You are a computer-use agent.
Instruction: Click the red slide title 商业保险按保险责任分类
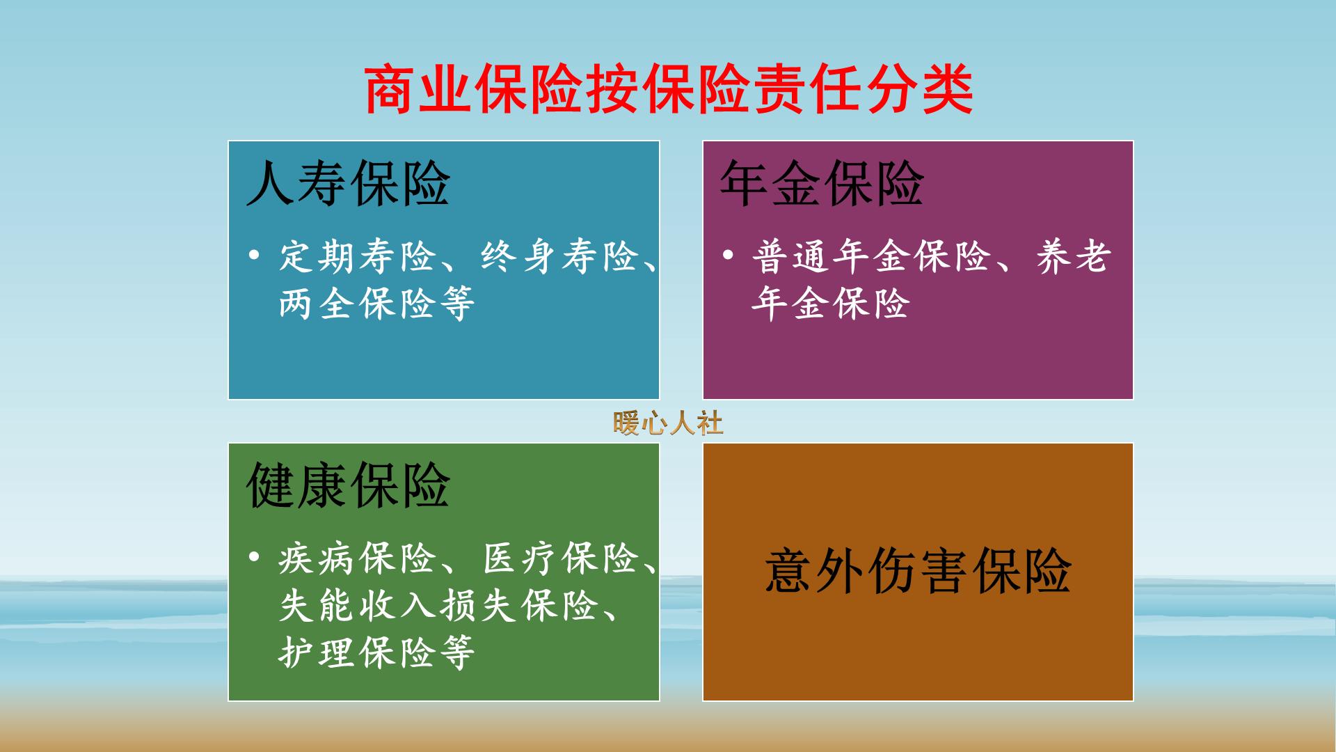(668, 91)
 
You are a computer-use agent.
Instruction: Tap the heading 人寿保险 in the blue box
(348, 184)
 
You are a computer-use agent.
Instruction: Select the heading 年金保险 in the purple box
(822, 184)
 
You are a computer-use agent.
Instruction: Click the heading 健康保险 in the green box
(348, 486)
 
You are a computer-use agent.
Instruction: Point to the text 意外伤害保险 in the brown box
(918, 571)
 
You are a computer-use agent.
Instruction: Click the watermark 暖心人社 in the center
(668, 423)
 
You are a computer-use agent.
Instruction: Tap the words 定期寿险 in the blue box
(358, 257)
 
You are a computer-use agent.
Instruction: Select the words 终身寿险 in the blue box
(560, 257)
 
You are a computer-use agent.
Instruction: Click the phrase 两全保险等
(376, 304)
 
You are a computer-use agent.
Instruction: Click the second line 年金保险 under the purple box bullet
(831, 304)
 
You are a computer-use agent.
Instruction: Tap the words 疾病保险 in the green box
(358, 558)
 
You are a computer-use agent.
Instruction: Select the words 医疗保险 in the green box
(561, 558)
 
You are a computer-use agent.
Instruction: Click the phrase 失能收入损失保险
(438, 606)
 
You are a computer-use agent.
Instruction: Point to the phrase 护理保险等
(376, 652)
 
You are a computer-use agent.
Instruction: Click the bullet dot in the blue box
(254, 256)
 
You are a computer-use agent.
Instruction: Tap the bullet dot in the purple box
(728, 256)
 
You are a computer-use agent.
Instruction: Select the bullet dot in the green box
(254, 557)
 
